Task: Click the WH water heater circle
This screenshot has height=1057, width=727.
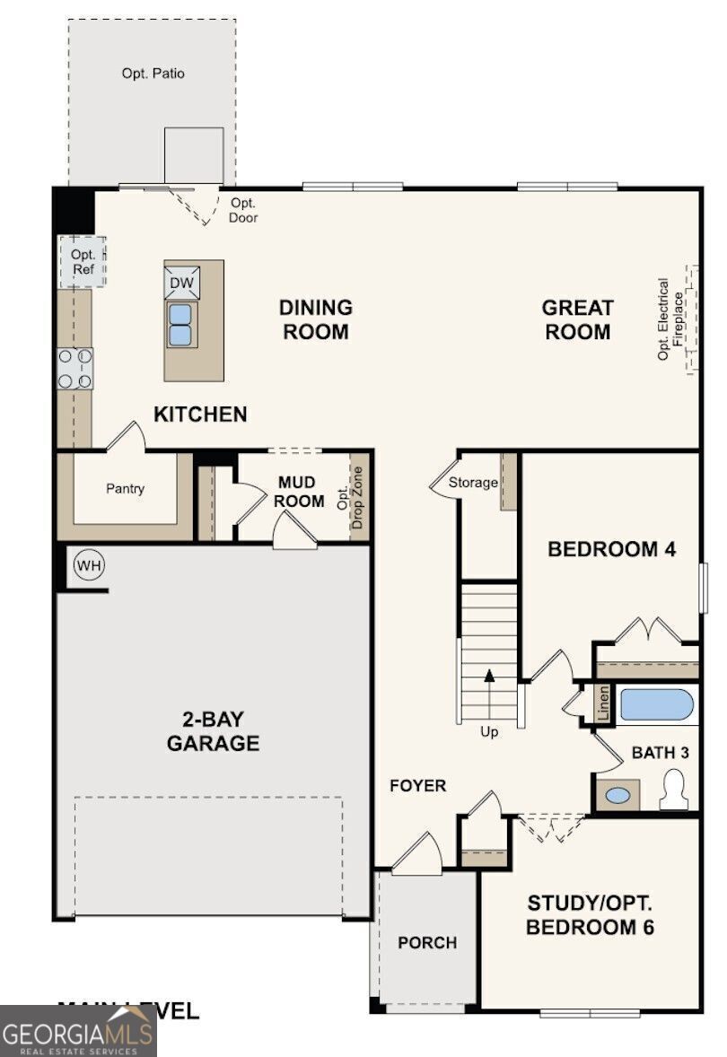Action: [x=89, y=565]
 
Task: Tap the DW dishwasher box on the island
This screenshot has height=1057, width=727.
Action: [x=180, y=282]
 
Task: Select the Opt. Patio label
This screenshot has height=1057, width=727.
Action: [x=153, y=74]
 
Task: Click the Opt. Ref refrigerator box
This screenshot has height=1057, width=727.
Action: [x=83, y=262]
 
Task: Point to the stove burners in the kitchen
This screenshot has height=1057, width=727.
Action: [x=74, y=369]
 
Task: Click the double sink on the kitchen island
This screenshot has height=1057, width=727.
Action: [x=180, y=324]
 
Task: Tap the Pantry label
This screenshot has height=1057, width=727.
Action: [x=125, y=489]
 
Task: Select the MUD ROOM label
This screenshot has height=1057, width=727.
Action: [x=301, y=492]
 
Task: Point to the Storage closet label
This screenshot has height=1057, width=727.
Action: [x=473, y=483]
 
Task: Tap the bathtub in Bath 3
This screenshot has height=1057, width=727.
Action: [x=657, y=704]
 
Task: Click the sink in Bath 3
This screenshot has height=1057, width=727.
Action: [x=617, y=795]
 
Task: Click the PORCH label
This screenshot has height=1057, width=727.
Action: [x=427, y=943]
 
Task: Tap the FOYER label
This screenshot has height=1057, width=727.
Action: [x=417, y=786]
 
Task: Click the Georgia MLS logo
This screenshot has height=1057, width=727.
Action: [x=78, y=1031]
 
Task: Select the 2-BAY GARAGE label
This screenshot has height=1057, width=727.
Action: [x=213, y=731]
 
